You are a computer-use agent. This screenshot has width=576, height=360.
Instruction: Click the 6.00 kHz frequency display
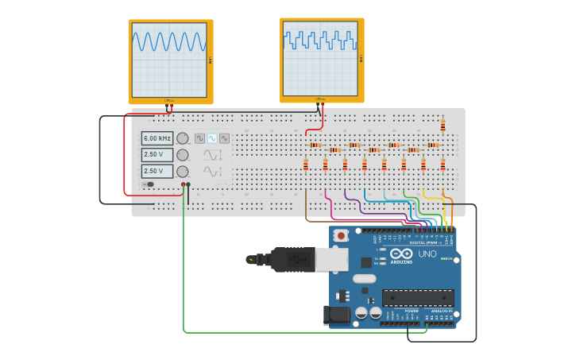click(157, 138)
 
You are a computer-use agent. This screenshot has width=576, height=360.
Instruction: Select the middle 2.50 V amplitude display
click(157, 155)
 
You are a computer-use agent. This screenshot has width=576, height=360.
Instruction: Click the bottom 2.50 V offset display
click(157, 171)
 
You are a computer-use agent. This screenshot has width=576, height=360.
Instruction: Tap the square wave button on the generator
click(199, 138)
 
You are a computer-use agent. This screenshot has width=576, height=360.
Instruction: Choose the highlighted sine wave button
click(212, 138)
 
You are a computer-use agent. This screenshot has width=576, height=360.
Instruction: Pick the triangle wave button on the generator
click(224, 138)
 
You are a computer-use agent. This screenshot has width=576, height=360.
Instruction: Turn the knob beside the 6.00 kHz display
click(183, 138)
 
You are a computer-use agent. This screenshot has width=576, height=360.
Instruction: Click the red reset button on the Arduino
click(342, 235)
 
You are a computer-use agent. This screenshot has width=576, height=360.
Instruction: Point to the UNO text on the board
click(427, 254)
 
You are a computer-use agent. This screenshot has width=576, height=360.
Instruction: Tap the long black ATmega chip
click(418, 298)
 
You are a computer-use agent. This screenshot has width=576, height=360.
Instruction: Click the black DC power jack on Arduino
click(338, 315)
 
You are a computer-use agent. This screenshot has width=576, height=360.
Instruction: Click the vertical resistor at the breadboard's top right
click(443, 125)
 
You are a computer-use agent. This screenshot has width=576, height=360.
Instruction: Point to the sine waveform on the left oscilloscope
click(169, 42)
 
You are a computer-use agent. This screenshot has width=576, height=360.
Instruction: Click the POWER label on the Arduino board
click(411, 311)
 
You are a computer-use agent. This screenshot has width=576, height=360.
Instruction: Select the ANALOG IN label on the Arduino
click(440, 311)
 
